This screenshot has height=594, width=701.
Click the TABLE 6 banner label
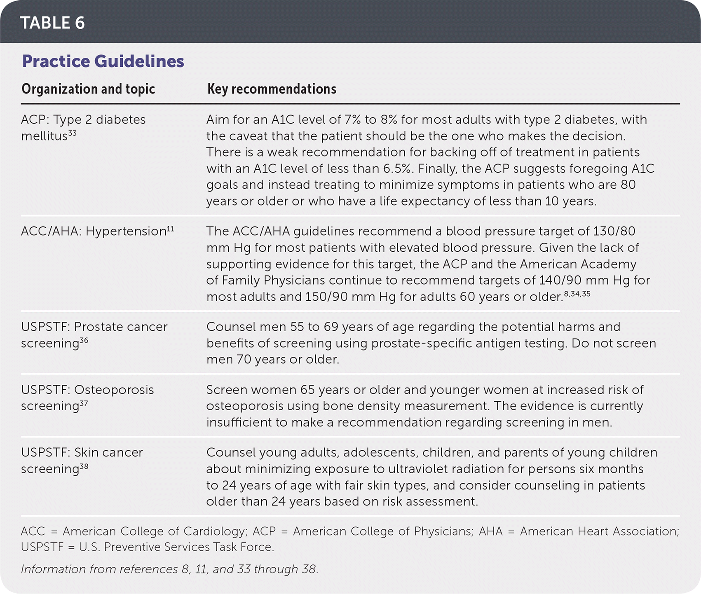click(x=52, y=23)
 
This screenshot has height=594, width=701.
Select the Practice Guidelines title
click(x=103, y=61)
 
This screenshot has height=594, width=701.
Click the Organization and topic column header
click(x=88, y=89)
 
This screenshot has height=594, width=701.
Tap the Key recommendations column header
click(x=272, y=89)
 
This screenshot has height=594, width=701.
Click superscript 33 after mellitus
click(x=72, y=133)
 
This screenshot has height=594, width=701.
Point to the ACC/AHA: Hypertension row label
click(x=94, y=232)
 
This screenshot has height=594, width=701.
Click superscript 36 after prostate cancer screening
click(x=84, y=340)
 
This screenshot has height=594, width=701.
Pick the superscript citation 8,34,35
click(x=577, y=294)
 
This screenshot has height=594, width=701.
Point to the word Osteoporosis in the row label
click(x=114, y=390)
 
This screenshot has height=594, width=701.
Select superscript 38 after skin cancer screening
click(x=84, y=466)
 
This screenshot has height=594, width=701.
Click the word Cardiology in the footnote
click(x=215, y=531)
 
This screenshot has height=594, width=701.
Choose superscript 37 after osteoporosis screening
click(x=84, y=403)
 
